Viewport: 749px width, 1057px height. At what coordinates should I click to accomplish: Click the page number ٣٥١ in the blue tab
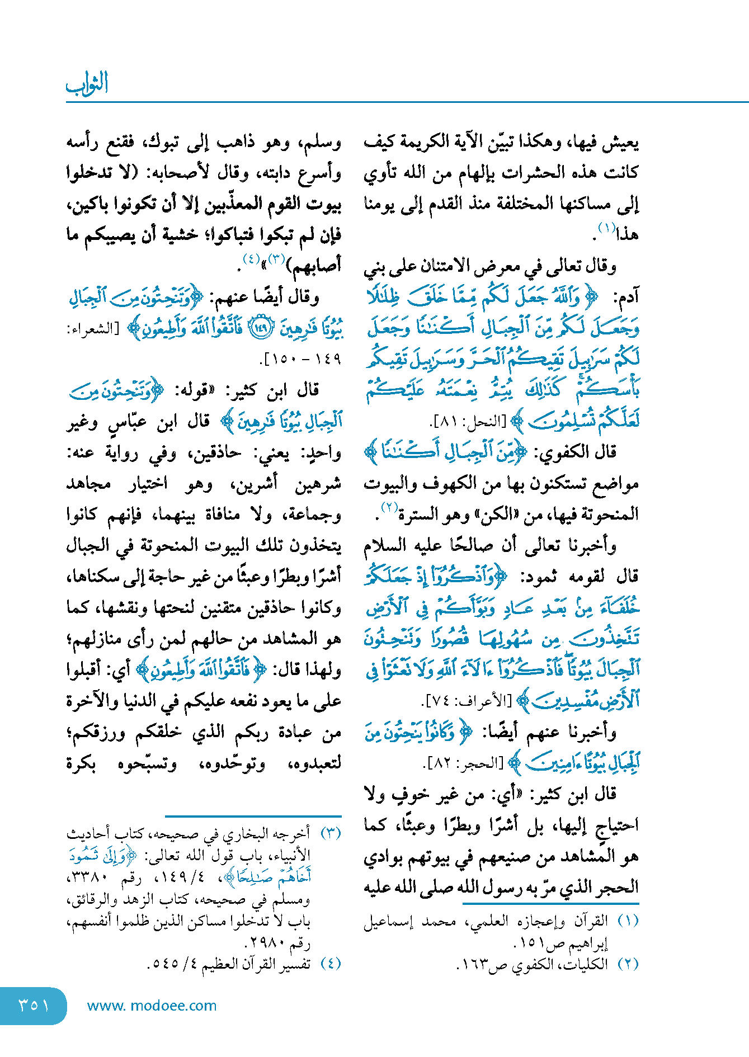34,1005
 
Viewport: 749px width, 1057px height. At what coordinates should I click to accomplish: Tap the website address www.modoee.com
152,1006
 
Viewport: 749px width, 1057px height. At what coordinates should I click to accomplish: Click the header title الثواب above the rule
87,84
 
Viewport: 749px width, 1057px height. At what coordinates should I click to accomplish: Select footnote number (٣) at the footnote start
331,833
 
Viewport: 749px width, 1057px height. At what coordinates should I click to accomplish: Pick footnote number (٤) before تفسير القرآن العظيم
331,964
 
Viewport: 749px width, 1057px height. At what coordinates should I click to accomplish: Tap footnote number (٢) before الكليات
628,964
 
